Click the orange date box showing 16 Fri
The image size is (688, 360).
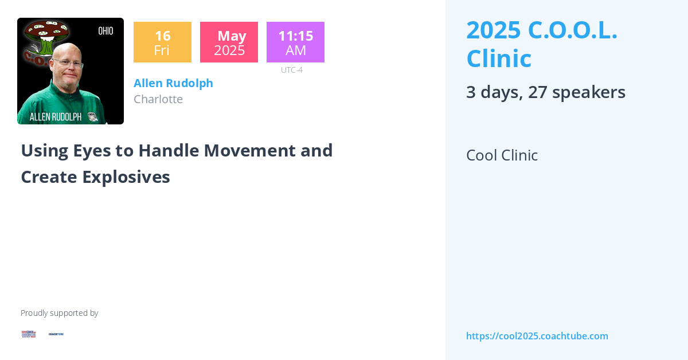coord(162,42)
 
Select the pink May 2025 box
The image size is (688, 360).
coord(229,42)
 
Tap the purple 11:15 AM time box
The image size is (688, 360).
coord(295,42)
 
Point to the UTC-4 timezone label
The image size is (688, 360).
coord(291,70)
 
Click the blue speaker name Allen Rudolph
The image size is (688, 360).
coord(173,83)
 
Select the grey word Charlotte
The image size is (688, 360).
coord(158,99)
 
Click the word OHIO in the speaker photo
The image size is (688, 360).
coord(105,31)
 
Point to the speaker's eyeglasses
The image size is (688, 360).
coord(67,61)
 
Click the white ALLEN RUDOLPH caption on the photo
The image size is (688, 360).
coord(55,117)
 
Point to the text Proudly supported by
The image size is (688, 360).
coord(59,313)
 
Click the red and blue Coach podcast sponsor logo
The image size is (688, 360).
coord(29,334)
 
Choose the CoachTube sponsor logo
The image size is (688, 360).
coord(56,334)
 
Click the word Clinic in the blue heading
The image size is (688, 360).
coord(499,58)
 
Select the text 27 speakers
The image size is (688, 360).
coord(576,92)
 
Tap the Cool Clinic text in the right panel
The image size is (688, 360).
coord(502,155)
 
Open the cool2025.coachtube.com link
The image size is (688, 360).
coord(537,336)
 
